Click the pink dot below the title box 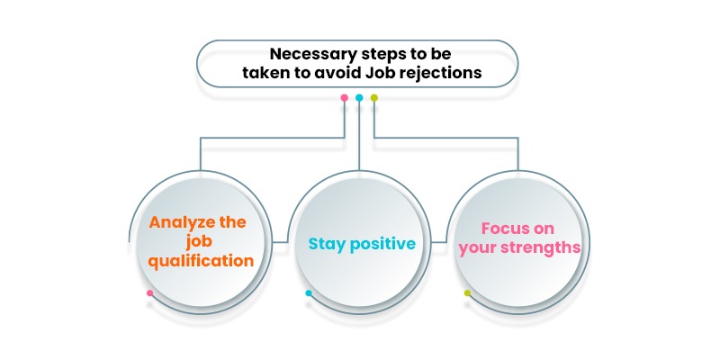pos(345,98)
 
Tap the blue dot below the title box pos(359,98)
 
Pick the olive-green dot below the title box pos(374,98)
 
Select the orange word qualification pos(202,261)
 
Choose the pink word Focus pos(504,229)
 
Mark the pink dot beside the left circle pos(149,293)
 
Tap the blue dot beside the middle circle pos(309,293)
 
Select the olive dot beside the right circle pos(467,293)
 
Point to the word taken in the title pos(263,72)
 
